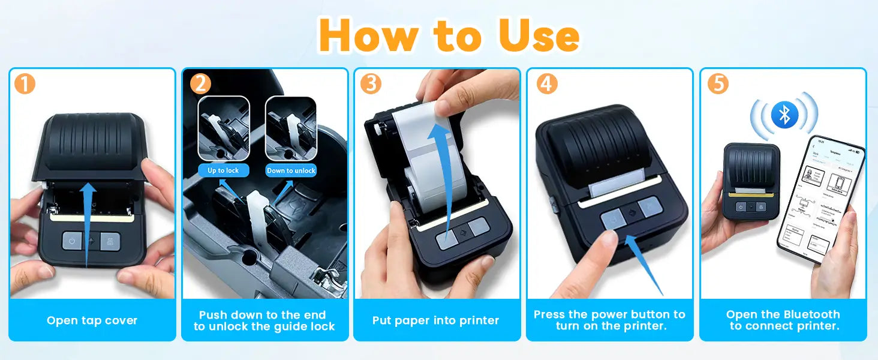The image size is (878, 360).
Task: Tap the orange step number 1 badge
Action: (x=25, y=84)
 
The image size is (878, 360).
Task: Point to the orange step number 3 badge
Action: (x=371, y=84)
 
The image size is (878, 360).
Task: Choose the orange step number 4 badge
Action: (x=546, y=84)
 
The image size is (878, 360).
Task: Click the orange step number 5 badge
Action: (x=718, y=84)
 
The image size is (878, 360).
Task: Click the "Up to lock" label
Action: (x=223, y=170)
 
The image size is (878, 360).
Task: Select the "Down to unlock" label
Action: (x=291, y=170)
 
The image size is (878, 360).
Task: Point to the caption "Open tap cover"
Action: (x=92, y=320)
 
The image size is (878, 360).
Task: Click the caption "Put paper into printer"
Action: (x=436, y=320)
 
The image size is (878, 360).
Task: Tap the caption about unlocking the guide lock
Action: (x=264, y=320)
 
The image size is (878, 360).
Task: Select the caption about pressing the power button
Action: (x=609, y=320)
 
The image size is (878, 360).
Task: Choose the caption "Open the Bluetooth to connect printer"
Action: (x=783, y=320)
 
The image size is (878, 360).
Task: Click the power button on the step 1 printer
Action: (x=72, y=241)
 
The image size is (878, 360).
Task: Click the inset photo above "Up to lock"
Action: (x=223, y=129)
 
